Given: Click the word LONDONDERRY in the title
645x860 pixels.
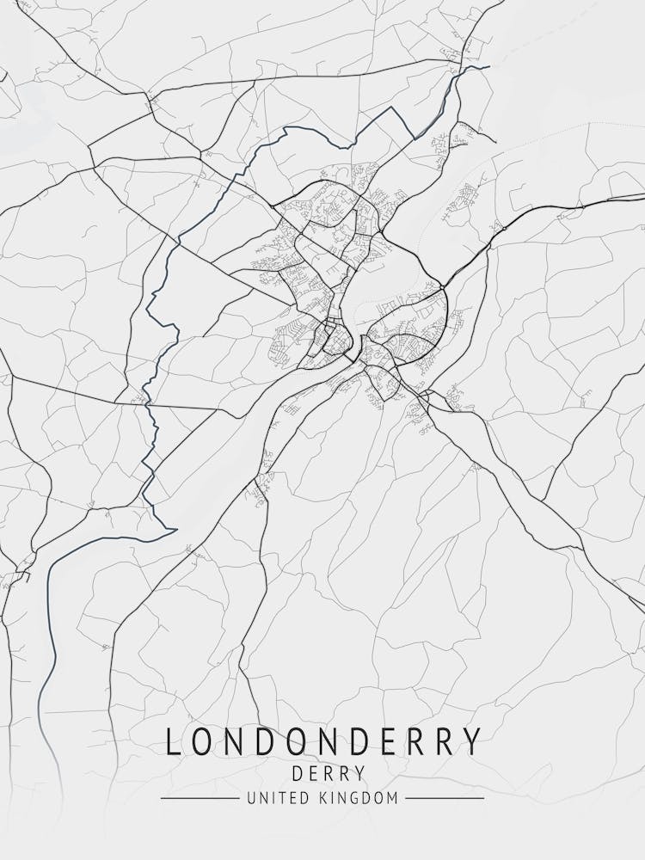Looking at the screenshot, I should coord(322,741).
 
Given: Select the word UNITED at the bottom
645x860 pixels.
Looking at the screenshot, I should coord(272,798).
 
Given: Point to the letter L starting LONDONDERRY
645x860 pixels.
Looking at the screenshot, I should coord(173,741).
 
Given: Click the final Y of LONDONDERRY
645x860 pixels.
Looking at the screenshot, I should coord(471,741).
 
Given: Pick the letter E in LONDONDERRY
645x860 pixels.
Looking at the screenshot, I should coord(380,741).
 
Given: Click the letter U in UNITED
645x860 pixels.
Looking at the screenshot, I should coord(250,798).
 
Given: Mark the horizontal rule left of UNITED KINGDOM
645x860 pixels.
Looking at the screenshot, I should coord(200,798).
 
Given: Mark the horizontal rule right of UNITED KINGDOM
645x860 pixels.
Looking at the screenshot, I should coord(444,798).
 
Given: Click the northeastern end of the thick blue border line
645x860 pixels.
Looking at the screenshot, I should coord(488,66).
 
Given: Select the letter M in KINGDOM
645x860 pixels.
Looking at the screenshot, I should coord(392,798).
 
